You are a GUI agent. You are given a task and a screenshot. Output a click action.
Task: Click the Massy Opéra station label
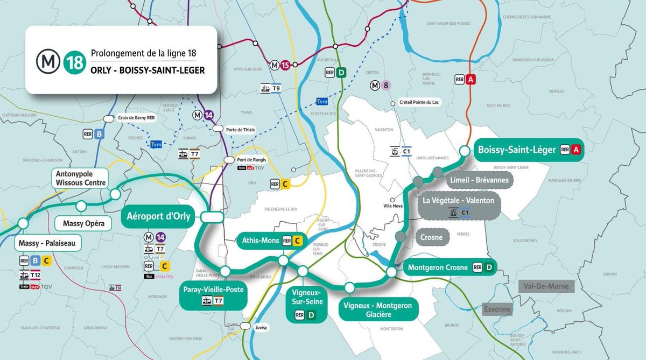tap(83, 222)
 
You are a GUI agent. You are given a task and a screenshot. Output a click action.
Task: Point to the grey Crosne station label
tap(432, 237)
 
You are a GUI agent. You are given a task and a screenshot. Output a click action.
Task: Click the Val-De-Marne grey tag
tap(546, 286)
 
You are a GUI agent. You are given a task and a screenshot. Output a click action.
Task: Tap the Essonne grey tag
tap(497, 310)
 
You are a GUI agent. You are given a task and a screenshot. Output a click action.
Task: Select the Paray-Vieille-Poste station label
tap(213, 290)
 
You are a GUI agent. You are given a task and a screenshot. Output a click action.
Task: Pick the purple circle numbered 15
tap(285, 65)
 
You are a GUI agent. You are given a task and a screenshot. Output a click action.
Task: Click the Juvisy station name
tap(260, 327)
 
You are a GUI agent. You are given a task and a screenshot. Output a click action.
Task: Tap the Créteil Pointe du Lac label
tap(419, 102)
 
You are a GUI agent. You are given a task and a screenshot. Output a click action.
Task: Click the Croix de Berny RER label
tap(136, 118)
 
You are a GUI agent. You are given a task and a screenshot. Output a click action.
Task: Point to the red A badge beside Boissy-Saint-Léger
tap(575, 150)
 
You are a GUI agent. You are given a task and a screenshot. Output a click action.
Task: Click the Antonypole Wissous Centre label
tap(81, 178)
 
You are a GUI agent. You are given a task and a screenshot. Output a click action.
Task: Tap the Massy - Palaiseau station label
tap(49, 244)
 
